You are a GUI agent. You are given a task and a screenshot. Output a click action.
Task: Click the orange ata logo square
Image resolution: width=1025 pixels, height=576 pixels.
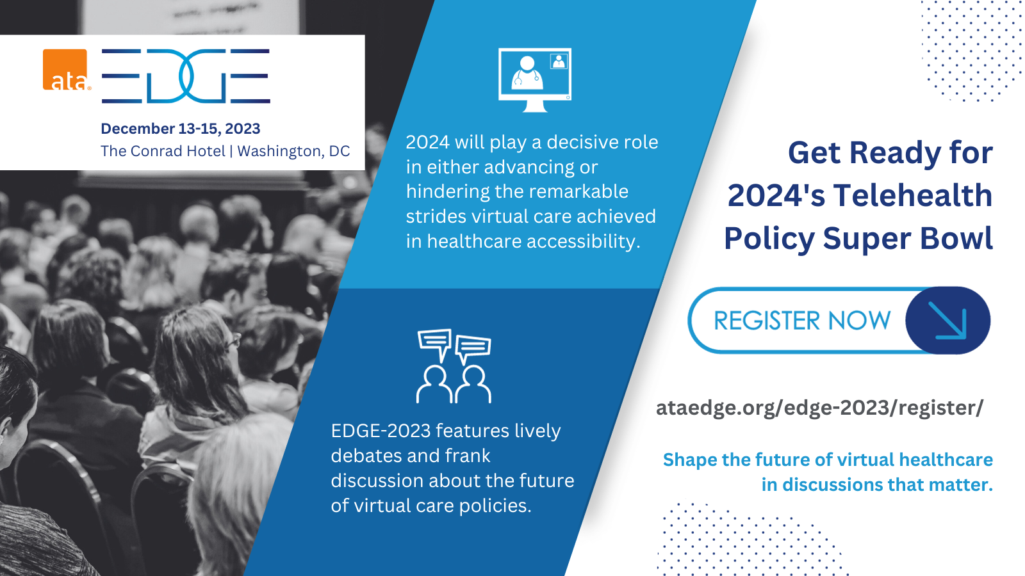tap(65, 70)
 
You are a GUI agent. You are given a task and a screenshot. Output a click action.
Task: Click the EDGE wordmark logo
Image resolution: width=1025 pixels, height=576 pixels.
tap(186, 76)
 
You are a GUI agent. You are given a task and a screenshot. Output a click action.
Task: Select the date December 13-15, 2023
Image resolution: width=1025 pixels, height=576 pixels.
tap(180, 129)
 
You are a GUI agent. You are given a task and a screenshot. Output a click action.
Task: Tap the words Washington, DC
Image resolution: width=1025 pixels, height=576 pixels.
tap(293, 151)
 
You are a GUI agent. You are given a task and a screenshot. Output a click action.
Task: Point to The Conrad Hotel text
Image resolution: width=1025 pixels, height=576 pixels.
tap(163, 151)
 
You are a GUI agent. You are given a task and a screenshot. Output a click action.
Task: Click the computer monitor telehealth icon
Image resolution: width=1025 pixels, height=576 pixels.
tap(535, 80)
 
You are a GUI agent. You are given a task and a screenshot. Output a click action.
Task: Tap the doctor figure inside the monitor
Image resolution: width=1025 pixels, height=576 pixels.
tap(527, 73)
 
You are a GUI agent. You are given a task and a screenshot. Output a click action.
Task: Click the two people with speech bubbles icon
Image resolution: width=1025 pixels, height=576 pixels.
tap(454, 366)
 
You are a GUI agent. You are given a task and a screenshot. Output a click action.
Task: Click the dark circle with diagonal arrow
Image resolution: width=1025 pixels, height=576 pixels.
tap(947, 321)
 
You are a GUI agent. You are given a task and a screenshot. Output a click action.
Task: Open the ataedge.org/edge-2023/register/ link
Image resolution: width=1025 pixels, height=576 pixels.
tap(819, 408)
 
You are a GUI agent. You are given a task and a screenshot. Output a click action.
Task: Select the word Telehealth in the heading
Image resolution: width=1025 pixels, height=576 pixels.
tap(913, 195)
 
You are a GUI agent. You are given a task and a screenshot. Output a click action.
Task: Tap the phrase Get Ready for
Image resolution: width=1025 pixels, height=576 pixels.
tap(890, 152)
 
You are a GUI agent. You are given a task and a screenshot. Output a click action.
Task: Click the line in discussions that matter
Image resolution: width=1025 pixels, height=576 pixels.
tap(877, 484)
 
